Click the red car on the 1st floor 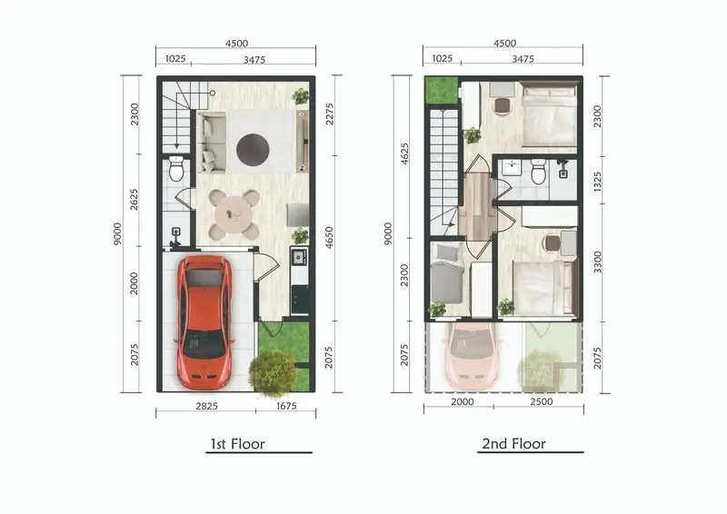coord(204,322)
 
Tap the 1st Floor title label coord(237,444)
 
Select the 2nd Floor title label coord(513,443)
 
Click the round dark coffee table coord(253,149)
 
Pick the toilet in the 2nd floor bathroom coord(538,172)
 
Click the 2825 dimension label coord(206,406)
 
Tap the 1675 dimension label coord(286,406)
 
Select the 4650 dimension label coord(329,237)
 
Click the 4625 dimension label coord(404,153)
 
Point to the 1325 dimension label coord(597,182)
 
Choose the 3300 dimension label coord(598,262)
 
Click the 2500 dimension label coord(541,401)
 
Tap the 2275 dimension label coord(329,114)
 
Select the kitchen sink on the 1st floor coord(299,256)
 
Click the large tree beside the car coord(272,373)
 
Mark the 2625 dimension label coord(134,199)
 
